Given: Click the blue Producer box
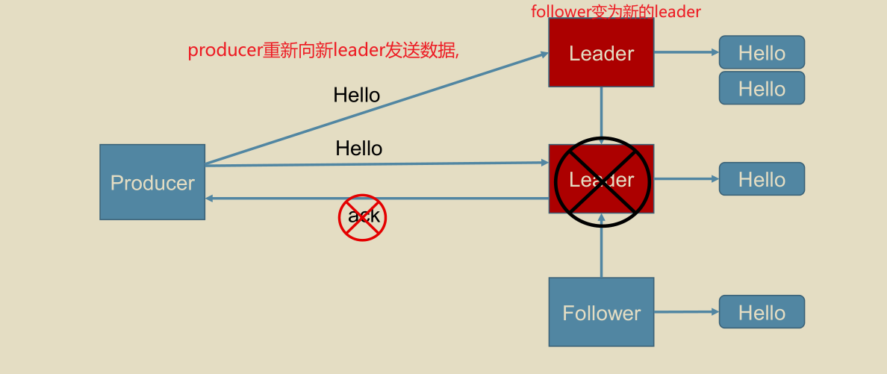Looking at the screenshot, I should coord(152,182).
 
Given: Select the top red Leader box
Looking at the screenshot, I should coord(601,52).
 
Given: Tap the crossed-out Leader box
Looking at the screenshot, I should coord(601,179).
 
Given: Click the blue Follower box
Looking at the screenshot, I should coord(601,312).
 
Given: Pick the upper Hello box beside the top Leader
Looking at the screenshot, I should coord(762,52).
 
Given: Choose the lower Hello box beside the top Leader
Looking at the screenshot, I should coord(762,88).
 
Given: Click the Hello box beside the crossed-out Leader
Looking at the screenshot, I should coord(762,179).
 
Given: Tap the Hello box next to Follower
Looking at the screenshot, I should coord(762,312).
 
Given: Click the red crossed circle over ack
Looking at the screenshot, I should coord(363,217).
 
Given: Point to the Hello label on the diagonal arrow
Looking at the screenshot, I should coord(356,95).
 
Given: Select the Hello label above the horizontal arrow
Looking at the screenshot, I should coord(358,149).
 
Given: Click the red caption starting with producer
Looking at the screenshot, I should coord(323,50).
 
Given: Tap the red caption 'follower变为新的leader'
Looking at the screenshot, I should coord(616,11).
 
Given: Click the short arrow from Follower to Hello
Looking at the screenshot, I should coord(686,312).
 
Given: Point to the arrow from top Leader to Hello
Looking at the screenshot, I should coord(686,52).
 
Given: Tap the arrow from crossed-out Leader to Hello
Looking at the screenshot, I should coord(686,179).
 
